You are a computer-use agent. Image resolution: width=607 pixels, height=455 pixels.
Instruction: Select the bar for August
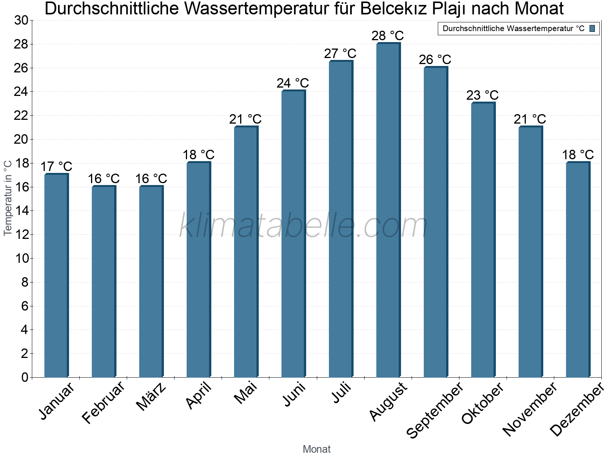388,210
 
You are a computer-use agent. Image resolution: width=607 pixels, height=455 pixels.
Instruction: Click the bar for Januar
56,276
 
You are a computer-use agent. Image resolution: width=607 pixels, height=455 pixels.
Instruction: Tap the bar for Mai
246,252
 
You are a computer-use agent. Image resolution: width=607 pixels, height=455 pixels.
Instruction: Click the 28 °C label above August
387,36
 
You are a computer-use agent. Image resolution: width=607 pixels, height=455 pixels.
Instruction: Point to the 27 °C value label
340,53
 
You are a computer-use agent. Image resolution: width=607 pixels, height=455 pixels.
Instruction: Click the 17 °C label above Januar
56,166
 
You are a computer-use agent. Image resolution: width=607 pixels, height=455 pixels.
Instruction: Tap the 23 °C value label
482,95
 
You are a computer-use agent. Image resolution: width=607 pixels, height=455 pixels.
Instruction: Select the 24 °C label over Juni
292,83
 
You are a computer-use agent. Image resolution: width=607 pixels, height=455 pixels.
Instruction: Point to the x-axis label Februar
103,403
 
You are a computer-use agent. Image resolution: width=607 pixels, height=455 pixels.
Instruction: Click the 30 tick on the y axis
21,20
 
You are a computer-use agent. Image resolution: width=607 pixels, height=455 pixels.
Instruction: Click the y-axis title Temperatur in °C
8,198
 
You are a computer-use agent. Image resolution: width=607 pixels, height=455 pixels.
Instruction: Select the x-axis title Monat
316,449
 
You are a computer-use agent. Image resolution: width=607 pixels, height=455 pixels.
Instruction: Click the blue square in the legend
592,28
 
